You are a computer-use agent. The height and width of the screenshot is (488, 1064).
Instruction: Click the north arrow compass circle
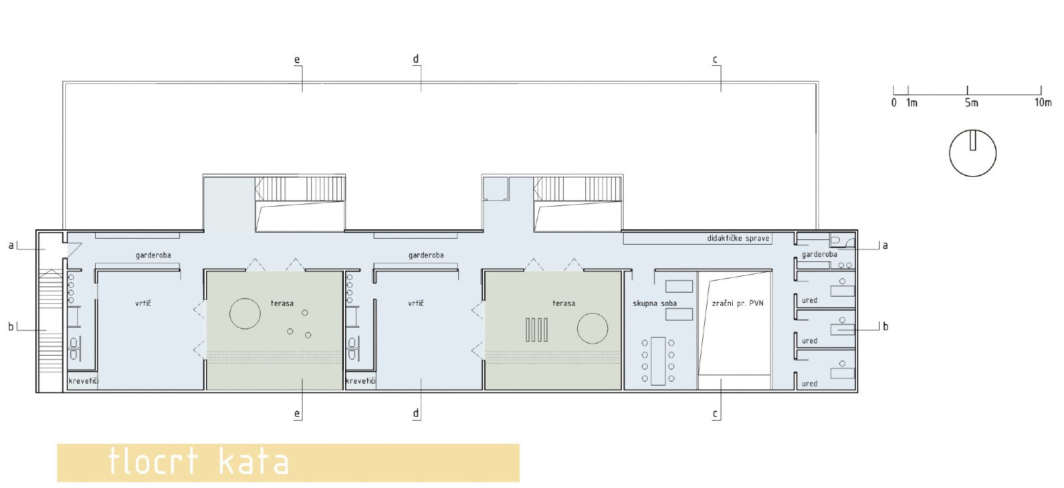click(950, 154)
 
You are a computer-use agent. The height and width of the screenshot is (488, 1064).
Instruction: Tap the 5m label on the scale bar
click(972, 103)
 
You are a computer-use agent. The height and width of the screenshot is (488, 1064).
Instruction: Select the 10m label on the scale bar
click(1043, 102)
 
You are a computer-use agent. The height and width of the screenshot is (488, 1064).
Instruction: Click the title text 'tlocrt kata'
click(199, 461)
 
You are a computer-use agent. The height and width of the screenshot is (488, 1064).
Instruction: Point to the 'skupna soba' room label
click(654, 303)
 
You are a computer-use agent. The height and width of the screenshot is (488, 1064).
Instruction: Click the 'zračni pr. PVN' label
click(737, 303)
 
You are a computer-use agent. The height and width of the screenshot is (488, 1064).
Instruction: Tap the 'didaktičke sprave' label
click(738, 238)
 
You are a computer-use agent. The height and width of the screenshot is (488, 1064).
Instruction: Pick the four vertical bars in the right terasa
click(537, 330)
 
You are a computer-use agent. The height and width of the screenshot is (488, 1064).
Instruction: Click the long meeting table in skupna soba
click(658, 361)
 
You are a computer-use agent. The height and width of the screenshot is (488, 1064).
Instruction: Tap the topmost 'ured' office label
click(809, 301)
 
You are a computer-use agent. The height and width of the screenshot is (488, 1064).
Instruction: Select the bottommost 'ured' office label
click(809, 384)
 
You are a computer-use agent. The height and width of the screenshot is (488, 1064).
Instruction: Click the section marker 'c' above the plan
click(715, 59)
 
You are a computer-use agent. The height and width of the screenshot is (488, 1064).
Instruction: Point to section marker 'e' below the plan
click(297, 414)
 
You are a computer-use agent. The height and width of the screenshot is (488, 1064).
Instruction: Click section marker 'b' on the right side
click(885, 326)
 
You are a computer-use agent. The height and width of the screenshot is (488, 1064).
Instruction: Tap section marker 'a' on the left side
click(11, 245)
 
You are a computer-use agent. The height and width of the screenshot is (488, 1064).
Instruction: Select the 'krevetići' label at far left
click(83, 381)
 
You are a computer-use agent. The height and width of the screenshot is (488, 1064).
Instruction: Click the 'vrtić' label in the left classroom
click(143, 303)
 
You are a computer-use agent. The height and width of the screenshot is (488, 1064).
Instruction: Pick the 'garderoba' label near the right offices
click(819, 255)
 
